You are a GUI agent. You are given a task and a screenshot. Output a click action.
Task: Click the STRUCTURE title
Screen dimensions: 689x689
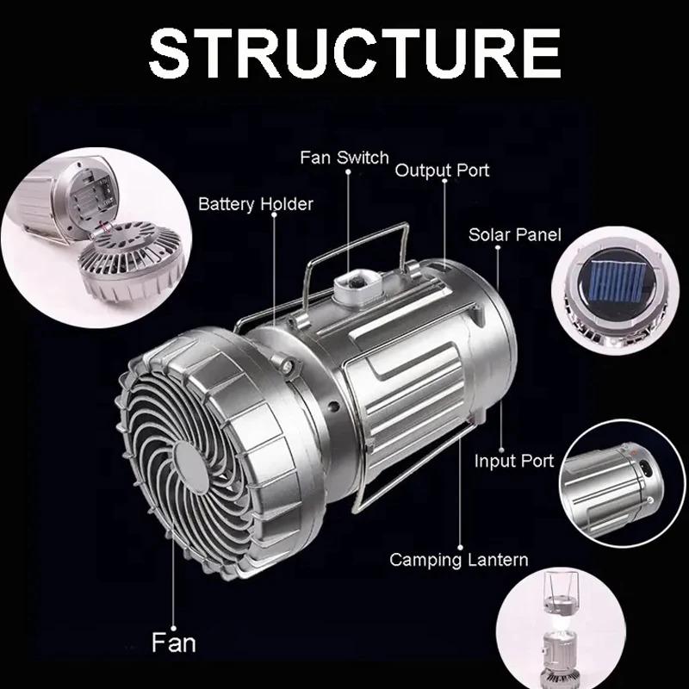(x=355, y=53)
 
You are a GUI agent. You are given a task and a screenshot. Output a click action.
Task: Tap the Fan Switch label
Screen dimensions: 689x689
(x=344, y=158)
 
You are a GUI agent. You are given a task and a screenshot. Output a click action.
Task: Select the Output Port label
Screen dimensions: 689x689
(x=442, y=171)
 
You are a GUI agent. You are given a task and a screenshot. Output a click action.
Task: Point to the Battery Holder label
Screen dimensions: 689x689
(x=256, y=204)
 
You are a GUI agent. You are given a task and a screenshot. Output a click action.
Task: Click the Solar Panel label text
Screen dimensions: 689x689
(x=515, y=234)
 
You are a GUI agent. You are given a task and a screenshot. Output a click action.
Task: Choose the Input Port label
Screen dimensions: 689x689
(x=514, y=461)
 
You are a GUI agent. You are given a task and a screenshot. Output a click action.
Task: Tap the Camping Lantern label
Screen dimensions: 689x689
(x=459, y=561)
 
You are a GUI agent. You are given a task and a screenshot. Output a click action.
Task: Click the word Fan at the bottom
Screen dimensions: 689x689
(x=174, y=642)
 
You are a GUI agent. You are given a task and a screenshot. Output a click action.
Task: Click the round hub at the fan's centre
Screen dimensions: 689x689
(x=190, y=468)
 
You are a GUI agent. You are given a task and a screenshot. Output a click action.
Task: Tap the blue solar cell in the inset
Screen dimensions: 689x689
(x=615, y=280)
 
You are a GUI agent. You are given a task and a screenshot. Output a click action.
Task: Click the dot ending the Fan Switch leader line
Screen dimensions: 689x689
(x=348, y=171)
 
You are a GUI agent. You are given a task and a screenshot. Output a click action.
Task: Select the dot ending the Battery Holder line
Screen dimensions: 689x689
(x=274, y=214)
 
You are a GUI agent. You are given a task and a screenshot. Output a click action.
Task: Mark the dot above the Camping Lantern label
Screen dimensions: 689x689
(x=461, y=548)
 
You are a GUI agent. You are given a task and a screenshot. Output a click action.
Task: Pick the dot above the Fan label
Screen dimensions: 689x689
(x=174, y=629)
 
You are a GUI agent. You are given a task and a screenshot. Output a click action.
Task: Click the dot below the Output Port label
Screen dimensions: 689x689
(x=444, y=181)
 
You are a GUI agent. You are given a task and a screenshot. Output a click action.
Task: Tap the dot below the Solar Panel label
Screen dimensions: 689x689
(x=498, y=247)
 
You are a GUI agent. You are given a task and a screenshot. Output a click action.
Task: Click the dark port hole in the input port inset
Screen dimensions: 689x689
(x=644, y=468)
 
